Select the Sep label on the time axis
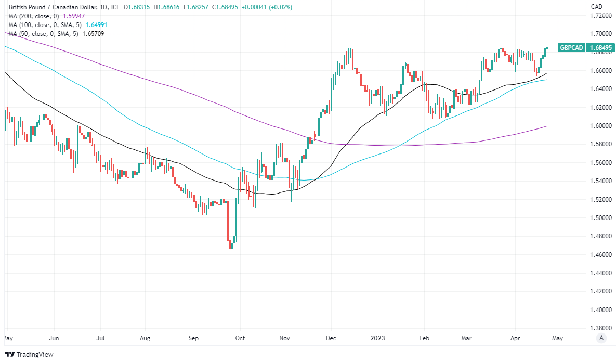tap(193, 338)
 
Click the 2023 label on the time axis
tap(377, 338)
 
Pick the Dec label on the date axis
tap(330, 338)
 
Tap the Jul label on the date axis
tap(101, 338)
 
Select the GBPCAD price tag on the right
tap(571, 48)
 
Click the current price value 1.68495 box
tap(601, 48)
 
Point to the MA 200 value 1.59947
tap(76, 16)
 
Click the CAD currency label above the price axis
tap(596, 7)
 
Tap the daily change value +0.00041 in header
tap(258, 7)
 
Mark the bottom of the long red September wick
tap(230, 303)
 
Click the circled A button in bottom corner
tap(601, 338)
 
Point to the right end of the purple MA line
tap(546, 126)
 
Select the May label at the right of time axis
tap(557, 338)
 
